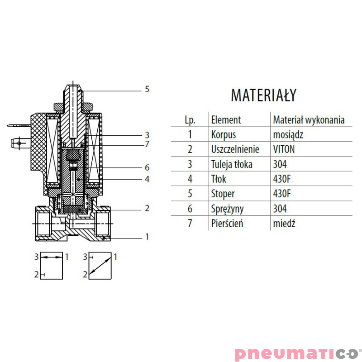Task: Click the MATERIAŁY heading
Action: point(263,95)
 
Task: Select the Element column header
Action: point(226,120)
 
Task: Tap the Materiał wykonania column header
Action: point(309,120)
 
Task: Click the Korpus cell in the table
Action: point(224,134)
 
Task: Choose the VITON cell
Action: point(284,149)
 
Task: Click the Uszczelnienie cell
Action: point(235,149)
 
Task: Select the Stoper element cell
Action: point(223,194)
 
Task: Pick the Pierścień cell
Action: point(227,224)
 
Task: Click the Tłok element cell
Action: point(219,179)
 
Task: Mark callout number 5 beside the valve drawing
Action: point(147,89)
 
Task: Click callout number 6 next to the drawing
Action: point(147,167)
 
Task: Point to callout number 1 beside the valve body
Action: point(147,236)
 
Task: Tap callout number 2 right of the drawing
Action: point(147,209)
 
